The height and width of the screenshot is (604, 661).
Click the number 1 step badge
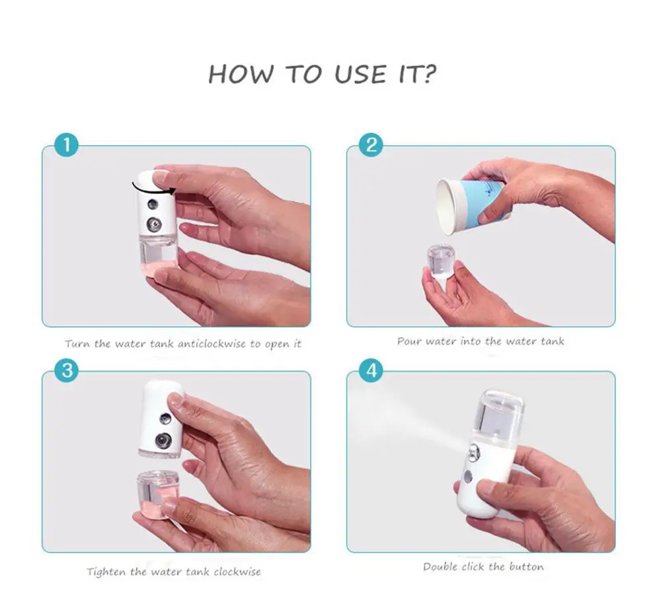coord(67,145)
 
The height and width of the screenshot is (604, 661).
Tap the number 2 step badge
coord(371,145)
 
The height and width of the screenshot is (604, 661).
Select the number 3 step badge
coord(67,370)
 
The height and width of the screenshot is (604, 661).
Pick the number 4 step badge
coord(371,370)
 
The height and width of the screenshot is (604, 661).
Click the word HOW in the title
coord(241,74)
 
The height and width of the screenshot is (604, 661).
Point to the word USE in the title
coord(360,74)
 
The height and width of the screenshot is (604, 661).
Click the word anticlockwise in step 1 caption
coord(212,344)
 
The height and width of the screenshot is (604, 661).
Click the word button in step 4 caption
coord(526,566)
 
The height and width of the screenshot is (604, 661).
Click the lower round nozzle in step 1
coord(153,224)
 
